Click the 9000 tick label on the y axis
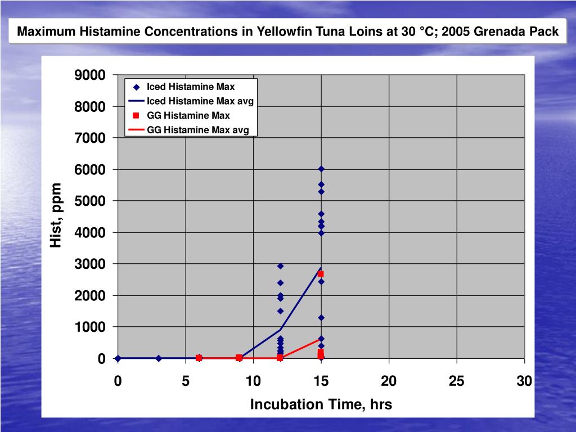[91, 75]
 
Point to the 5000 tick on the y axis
[91, 201]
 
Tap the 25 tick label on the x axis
[456, 382]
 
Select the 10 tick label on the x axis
[253, 382]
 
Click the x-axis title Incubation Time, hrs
[321, 404]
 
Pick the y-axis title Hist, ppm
[56, 215]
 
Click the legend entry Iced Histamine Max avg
[200, 101]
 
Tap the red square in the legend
[136, 116]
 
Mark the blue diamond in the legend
[136, 87]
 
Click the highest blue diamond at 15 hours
[321, 169]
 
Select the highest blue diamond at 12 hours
[280, 266]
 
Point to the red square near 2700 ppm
[321, 274]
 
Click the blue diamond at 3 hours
[159, 358]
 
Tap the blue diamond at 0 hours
[118, 358]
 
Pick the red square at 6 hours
[199, 358]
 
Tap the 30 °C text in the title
[418, 32]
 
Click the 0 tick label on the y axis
[101, 358]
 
